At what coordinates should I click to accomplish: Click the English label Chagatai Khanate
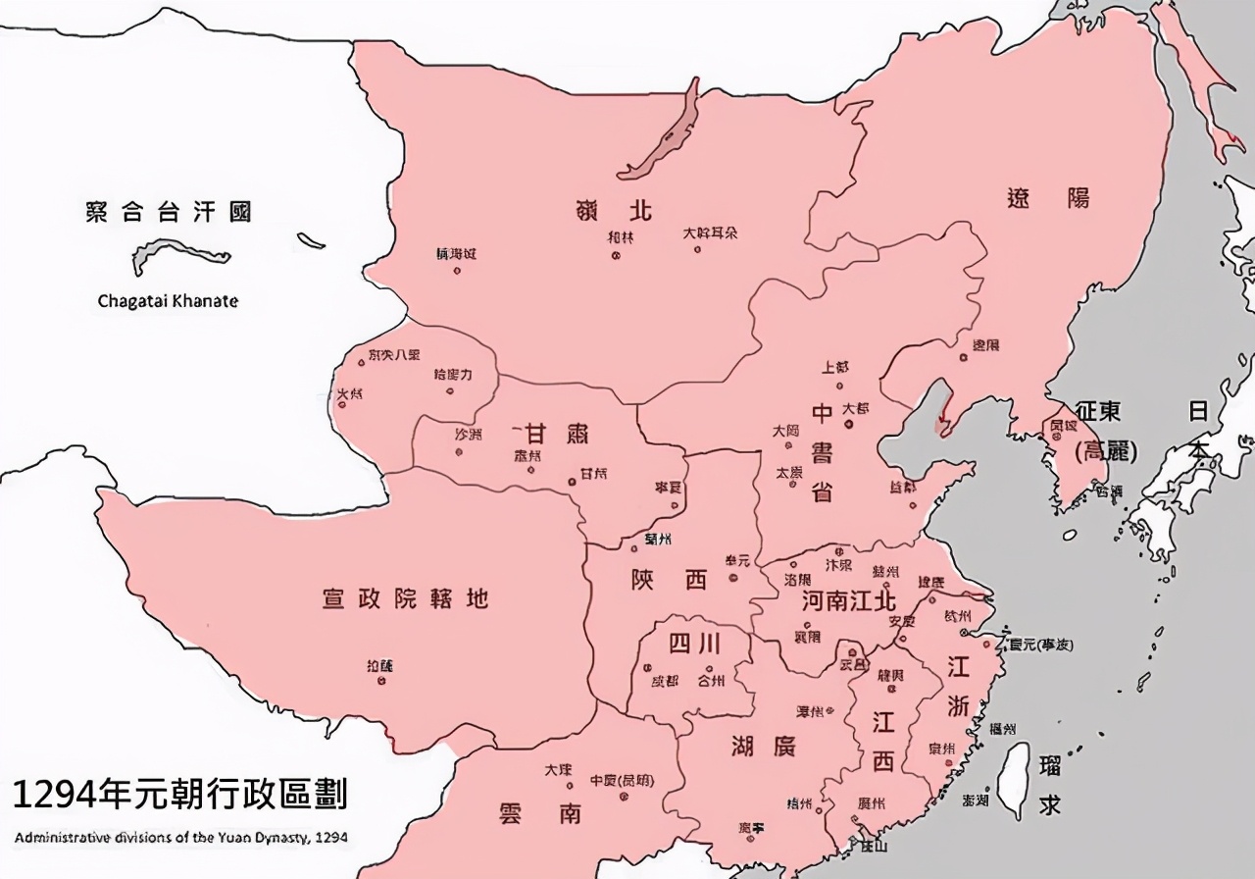point(168,301)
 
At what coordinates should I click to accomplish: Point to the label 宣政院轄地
point(405,597)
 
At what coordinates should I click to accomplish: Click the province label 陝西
point(670,580)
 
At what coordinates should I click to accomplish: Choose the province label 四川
point(695,644)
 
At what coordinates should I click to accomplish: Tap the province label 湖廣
point(763,747)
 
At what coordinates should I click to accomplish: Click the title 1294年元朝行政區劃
point(179,796)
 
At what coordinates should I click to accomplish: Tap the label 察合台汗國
point(168,212)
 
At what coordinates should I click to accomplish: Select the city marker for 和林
point(616,255)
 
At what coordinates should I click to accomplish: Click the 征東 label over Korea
point(1097,411)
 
